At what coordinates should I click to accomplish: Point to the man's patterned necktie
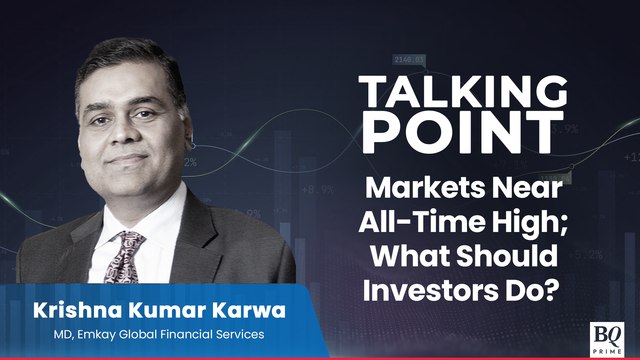click(x=127, y=254)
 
